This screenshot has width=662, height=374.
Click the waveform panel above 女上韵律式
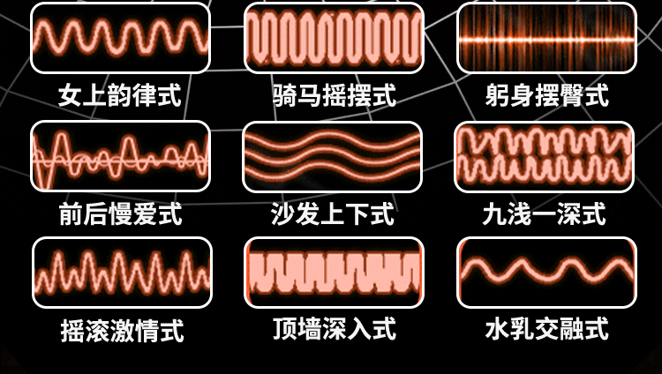point(121,37)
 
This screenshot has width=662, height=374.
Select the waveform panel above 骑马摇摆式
point(333,37)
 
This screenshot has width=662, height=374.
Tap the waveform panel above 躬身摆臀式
point(546,37)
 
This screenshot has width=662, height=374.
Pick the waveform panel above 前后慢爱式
point(121,156)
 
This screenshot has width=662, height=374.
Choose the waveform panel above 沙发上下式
point(333,156)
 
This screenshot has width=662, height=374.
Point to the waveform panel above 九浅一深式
point(546,156)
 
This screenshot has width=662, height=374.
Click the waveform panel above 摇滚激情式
point(122,272)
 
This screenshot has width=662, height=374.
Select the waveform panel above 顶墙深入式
point(333,272)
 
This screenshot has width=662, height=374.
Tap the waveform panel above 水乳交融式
point(546,272)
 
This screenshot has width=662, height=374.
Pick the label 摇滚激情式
point(122,332)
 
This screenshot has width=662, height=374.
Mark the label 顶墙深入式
point(334,332)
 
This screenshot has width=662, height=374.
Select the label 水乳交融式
point(546,332)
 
